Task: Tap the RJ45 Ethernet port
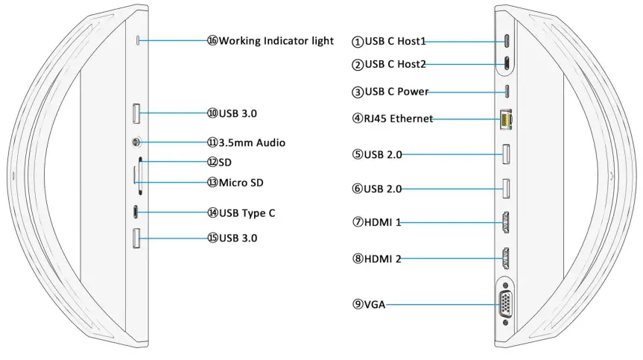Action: coord(506,119)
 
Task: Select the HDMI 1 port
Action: coord(506,222)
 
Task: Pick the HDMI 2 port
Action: coord(506,258)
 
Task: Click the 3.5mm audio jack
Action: coord(137,141)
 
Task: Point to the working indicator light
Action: coord(137,40)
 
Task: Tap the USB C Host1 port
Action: coord(507,40)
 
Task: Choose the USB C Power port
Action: coord(507,92)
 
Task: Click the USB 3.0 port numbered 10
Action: coord(137,113)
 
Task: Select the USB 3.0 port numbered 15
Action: coord(137,238)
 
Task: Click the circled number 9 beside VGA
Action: coord(358,304)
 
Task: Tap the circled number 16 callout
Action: coord(212,40)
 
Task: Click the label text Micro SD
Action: coord(241,183)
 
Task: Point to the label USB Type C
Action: coord(247,213)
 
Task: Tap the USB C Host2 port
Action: coord(507,64)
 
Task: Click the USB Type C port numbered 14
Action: coord(136,212)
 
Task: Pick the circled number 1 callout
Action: coord(358,42)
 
